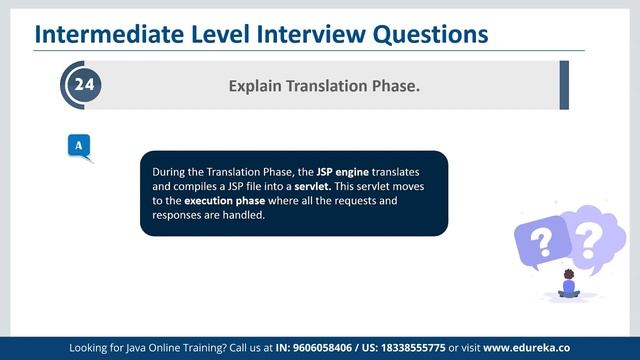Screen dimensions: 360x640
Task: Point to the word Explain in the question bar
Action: pos(256,87)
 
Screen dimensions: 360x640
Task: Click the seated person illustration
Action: pos(569,285)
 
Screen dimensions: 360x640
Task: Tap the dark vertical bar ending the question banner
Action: pos(564,85)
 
